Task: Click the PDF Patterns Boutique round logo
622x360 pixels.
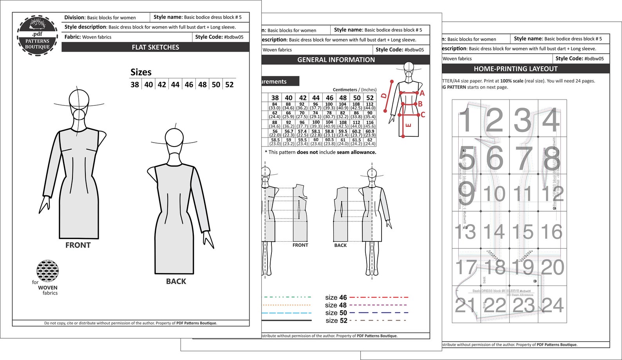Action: click(x=38, y=36)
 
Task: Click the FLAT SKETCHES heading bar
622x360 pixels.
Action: click(x=155, y=47)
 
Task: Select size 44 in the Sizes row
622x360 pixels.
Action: click(x=175, y=85)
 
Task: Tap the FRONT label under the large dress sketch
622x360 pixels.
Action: click(x=78, y=245)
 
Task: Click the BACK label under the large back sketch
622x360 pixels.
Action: click(x=176, y=281)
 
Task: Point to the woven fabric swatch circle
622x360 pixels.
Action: click(x=47, y=270)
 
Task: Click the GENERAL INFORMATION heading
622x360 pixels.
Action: click(x=336, y=60)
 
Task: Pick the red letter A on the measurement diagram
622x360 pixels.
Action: click(x=422, y=93)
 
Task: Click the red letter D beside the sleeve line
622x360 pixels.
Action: click(x=384, y=96)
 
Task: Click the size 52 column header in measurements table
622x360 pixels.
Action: click(x=370, y=98)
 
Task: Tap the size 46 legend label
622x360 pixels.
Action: click(x=336, y=297)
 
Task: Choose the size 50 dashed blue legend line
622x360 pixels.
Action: click(x=378, y=313)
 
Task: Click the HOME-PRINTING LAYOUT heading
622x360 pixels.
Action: click(x=515, y=69)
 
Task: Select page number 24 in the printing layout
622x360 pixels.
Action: click(x=552, y=305)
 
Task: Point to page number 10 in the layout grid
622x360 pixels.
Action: click(x=494, y=194)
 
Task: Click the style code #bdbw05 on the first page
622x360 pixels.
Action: click(x=233, y=37)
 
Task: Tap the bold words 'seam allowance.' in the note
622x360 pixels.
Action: click(x=356, y=152)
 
